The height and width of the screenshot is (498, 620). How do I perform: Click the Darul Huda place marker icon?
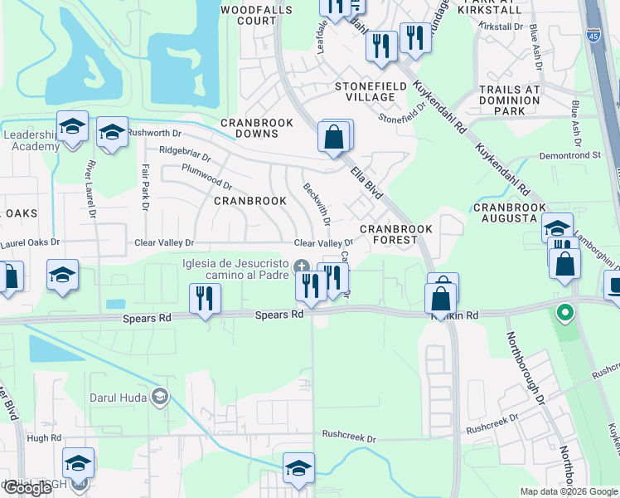pos(160,398)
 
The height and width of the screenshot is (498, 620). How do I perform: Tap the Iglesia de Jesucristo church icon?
pos(303,266)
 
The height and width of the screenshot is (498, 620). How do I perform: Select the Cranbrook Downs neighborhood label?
pos(257,129)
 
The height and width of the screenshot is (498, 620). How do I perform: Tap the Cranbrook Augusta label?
pos(509,212)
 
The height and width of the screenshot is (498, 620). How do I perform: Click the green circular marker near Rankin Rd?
pos(564,313)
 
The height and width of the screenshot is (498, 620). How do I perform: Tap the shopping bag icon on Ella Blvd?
pos(334,138)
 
